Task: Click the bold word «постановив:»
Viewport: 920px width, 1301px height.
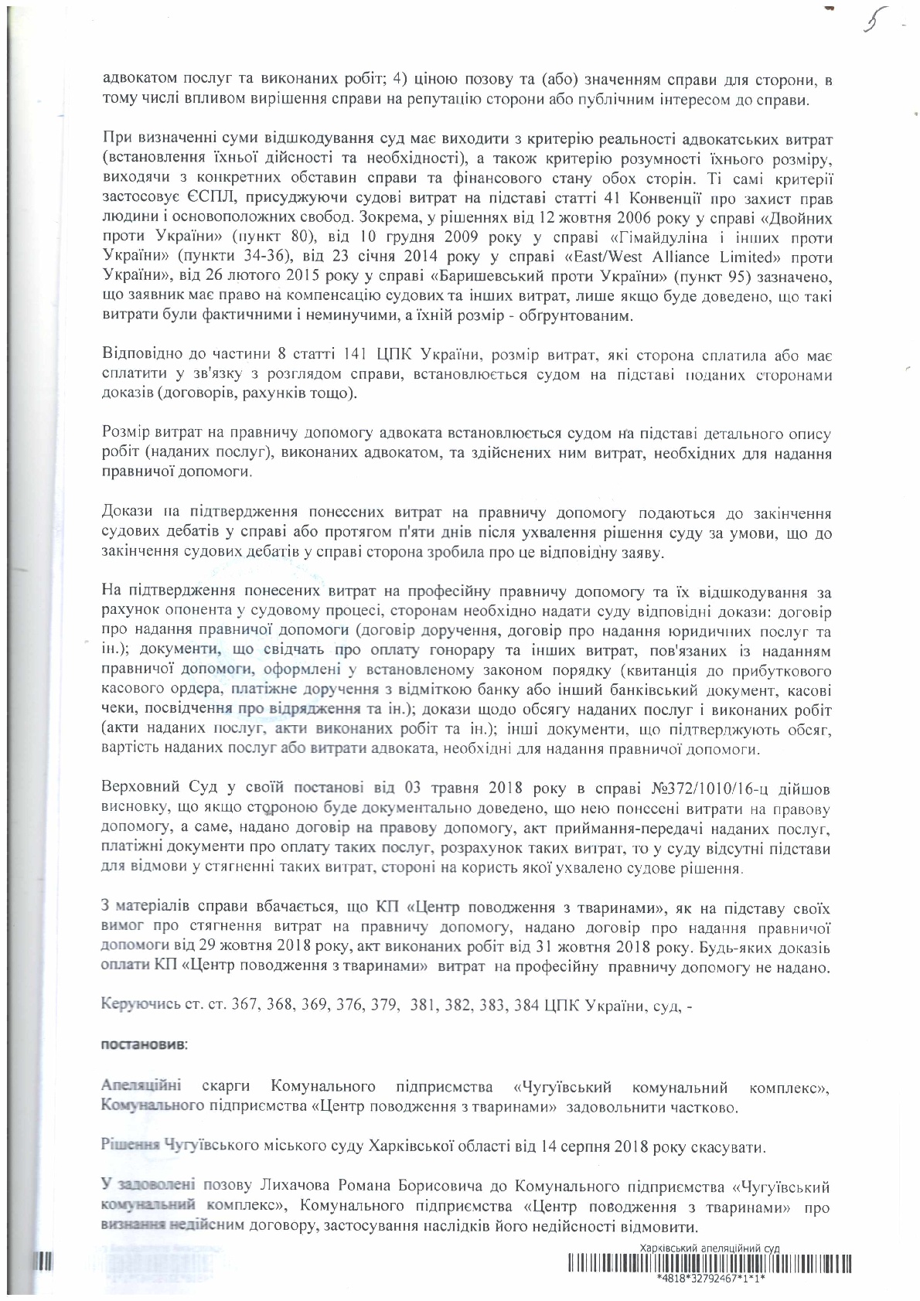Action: [144, 1044]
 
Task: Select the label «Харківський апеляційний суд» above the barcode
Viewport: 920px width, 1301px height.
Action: [710, 1248]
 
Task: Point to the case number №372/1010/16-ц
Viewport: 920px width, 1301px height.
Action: [712, 788]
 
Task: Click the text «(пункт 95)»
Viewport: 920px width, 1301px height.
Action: [720, 276]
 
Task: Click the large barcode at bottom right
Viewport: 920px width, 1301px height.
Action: [710, 1263]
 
